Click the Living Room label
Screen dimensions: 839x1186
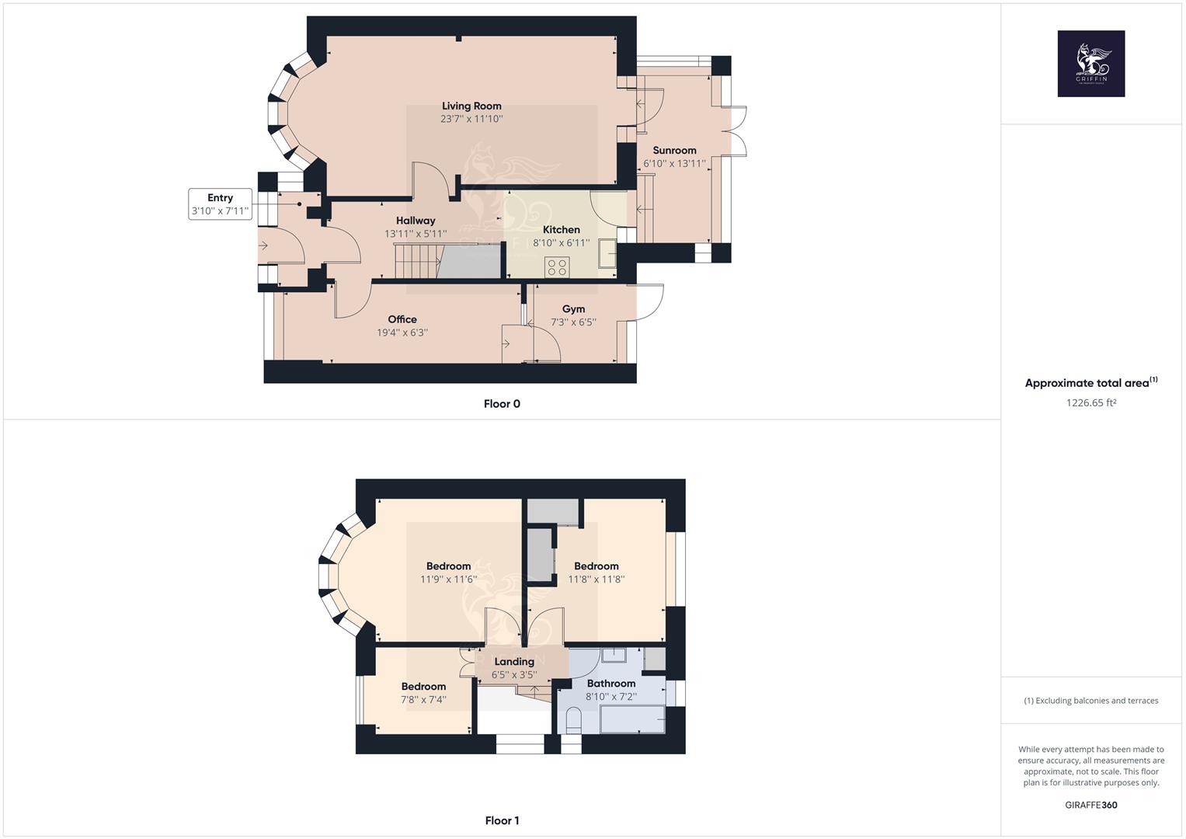(x=471, y=106)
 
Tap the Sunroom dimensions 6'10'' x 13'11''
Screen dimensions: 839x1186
(x=674, y=164)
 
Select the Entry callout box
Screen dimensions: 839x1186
(x=221, y=204)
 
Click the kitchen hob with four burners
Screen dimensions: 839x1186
(x=557, y=267)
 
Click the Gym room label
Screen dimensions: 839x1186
(x=573, y=309)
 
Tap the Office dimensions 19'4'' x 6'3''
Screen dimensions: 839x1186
(x=402, y=332)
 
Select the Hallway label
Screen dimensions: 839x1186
(x=416, y=221)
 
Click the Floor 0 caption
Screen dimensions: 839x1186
(x=502, y=404)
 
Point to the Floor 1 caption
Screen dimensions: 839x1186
(x=502, y=821)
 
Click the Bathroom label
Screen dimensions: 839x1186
(x=611, y=684)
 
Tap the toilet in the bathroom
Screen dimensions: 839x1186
(x=574, y=721)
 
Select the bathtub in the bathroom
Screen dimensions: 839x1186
(x=632, y=719)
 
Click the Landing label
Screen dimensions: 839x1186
(x=514, y=662)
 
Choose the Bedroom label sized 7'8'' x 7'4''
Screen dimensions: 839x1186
(x=423, y=687)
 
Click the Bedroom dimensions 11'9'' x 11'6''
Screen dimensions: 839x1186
(x=448, y=580)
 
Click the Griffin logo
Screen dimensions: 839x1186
(x=1090, y=64)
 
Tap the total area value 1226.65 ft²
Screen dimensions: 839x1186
(x=1090, y=403)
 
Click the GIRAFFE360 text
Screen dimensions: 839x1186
(x=1090, y=805)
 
